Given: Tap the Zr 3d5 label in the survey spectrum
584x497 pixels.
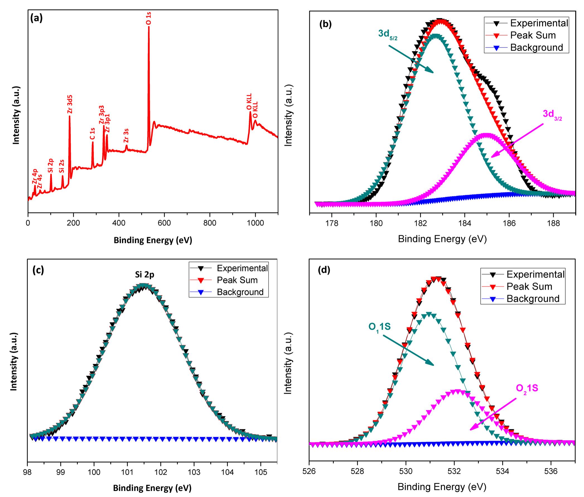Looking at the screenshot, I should tap(70, 104).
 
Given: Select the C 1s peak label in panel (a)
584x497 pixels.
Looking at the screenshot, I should tap(92, 134).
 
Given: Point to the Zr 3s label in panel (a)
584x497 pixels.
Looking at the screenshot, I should tap(126, 135).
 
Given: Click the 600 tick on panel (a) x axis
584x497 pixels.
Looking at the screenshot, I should tap(164, 223).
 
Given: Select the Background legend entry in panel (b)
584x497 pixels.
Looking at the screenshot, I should tap(536, 47).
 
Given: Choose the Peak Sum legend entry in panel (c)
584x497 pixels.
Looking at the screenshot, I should tap(237, 280).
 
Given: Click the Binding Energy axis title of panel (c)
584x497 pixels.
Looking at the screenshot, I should tap(152, 488).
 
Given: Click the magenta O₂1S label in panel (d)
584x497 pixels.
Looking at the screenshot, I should tap(527, 389).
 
